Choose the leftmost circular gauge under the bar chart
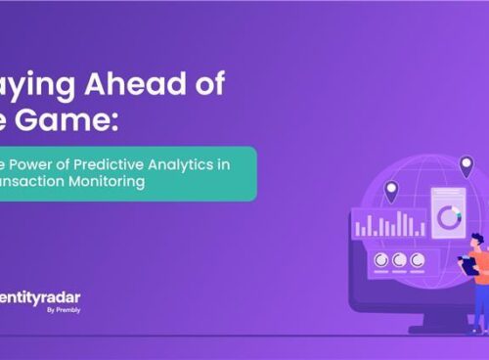(x=378, y=260)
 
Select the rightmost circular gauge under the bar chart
(x=418, y=260)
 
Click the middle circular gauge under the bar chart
(x=398, y=260)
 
